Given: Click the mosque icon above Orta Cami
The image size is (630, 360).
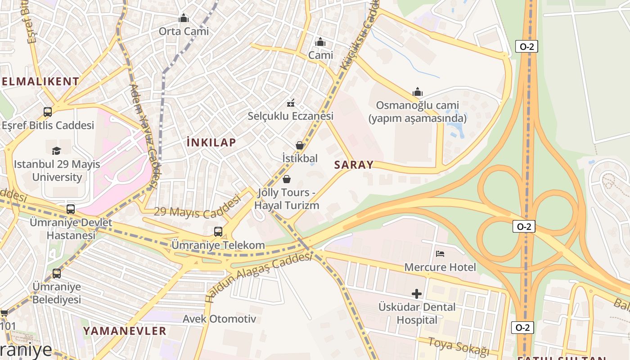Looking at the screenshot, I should pos(184,18).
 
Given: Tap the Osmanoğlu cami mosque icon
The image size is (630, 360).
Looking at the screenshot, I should pos(418,92).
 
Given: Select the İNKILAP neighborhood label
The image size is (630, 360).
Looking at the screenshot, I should pos(211,143).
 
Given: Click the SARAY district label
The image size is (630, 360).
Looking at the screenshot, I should pos(354,165).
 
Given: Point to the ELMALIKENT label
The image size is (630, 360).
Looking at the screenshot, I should pos(40,81).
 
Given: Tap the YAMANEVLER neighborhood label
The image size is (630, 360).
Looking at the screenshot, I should pos(125,331).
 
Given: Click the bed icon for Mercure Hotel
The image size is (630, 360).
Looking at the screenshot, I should pos(440,254).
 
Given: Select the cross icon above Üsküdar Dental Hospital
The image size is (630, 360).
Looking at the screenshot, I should pos(417,294).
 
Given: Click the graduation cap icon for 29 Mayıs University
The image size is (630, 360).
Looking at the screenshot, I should pos(56,151).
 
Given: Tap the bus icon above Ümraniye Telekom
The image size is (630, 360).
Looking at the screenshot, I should pos(218,232).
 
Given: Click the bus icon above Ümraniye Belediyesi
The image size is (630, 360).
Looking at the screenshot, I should pos(57,273).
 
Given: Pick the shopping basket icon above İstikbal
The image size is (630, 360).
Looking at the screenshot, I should pos(300,145).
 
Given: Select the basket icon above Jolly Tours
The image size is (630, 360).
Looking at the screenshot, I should pos(287,180).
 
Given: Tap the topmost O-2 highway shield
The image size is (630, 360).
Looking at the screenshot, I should pos(526,46).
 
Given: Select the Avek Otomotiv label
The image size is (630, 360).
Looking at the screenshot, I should pos(219,319).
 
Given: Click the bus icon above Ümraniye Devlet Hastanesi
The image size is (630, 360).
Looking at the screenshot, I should pos(71,209).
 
